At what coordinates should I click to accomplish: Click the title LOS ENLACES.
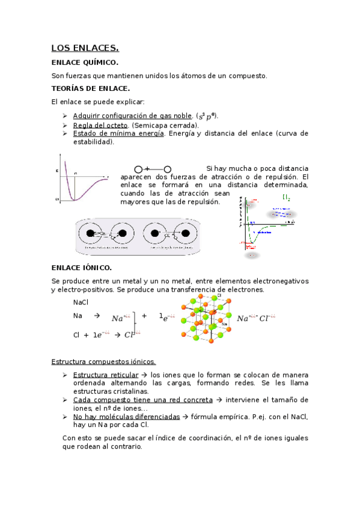85,48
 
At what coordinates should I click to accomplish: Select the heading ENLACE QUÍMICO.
85,63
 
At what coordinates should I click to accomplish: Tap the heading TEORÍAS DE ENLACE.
91,88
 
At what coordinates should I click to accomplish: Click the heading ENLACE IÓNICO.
82,267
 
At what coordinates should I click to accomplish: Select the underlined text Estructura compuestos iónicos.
104,361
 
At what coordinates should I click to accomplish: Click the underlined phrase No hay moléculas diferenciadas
126,416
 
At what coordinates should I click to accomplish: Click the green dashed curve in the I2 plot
254,235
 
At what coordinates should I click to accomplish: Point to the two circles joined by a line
153,170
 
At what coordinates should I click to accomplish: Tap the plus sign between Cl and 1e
86,335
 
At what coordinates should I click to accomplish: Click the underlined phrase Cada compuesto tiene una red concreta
142,399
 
